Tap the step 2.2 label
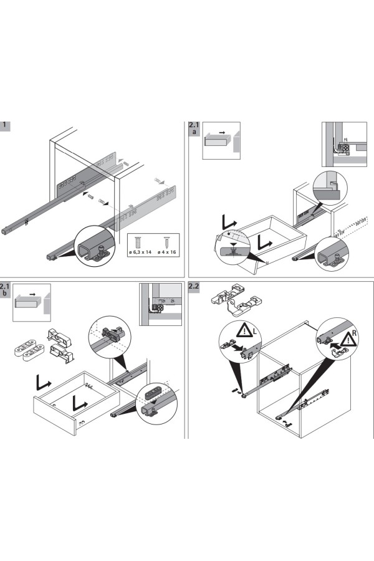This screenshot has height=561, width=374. pos(194,287)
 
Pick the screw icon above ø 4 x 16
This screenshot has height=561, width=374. pos(166,242)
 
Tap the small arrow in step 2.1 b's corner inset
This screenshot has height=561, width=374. pos(31,294)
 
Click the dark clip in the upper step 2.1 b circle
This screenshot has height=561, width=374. pos(113,332)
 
